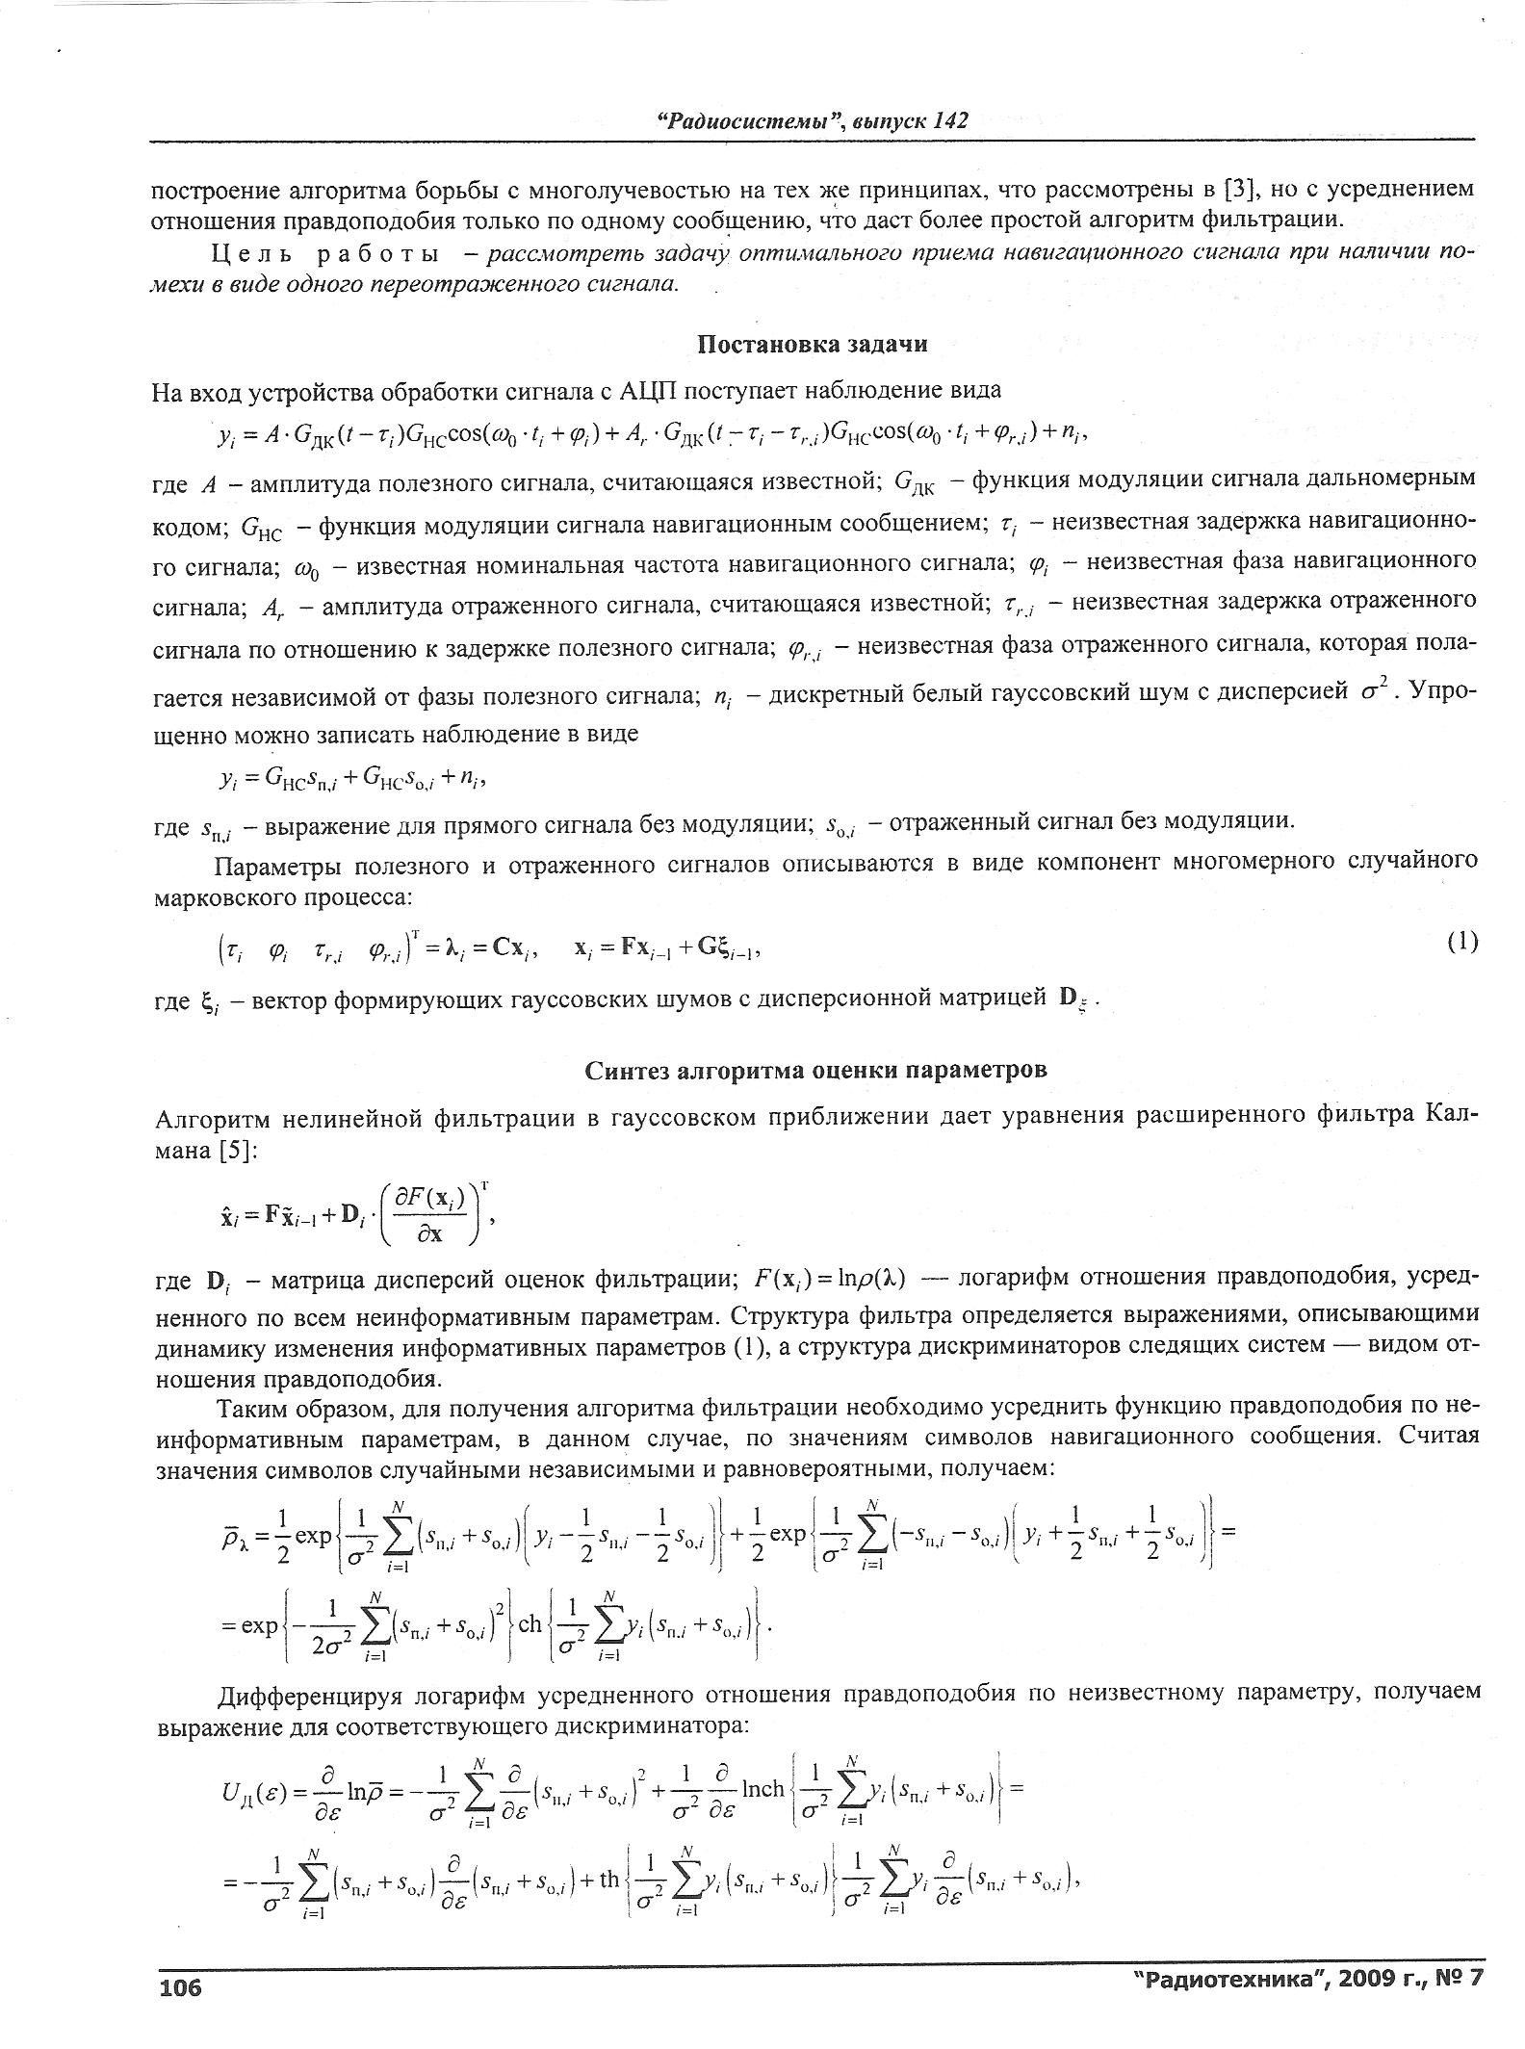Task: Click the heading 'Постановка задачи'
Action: pos(812,345)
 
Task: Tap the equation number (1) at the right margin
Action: pos(1461,942)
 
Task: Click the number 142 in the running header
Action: pos(949,120)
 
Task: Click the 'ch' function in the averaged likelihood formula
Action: pos(530,1624)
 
